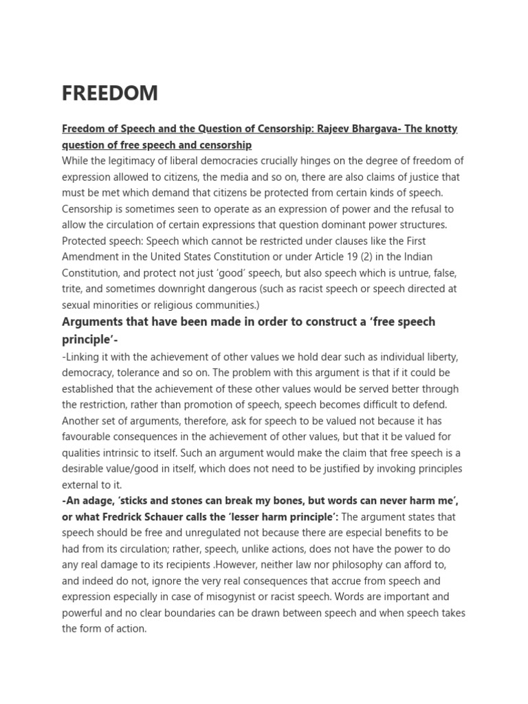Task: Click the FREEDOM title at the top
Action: click(x=110, y=93)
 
